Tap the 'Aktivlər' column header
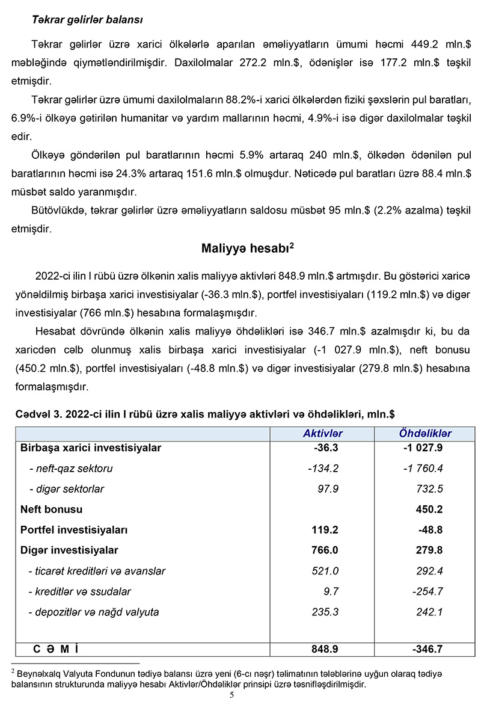coord(322,434)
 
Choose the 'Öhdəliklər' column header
coord(425,434)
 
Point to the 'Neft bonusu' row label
coord(51,510)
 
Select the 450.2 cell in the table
coord(429,510)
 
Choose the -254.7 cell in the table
coord(427,591)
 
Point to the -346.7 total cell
coord(427,649)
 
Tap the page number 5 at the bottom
coord(231,695)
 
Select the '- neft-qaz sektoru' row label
coord(70,469)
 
